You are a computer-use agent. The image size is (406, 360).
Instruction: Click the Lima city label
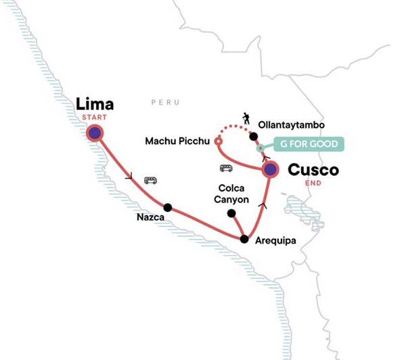click(95, 104)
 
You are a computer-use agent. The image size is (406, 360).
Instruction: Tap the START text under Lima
click(94, 118)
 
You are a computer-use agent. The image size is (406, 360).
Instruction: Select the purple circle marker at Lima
click(95, 133)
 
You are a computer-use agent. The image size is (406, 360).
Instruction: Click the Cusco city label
click(313, 171)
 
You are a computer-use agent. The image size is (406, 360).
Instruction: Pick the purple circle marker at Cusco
click(270, 170)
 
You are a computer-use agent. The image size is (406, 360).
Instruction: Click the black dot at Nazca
click(167, 207)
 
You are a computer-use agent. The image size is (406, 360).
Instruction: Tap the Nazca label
click(151, 218)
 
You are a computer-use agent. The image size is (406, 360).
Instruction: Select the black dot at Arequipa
click(244, 239)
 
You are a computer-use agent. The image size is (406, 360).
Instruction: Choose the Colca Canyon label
click(233, 194)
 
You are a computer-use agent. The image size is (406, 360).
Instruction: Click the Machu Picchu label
click(178, 141)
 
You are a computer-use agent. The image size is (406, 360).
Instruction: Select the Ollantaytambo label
click(292, 125)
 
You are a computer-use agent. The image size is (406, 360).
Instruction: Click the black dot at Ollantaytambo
click(253, 136)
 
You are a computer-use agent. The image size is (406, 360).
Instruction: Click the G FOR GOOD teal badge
click(309, 143)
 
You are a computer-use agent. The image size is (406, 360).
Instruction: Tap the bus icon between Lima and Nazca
click(150, 180)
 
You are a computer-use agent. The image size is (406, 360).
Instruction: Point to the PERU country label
click(165, 102)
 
